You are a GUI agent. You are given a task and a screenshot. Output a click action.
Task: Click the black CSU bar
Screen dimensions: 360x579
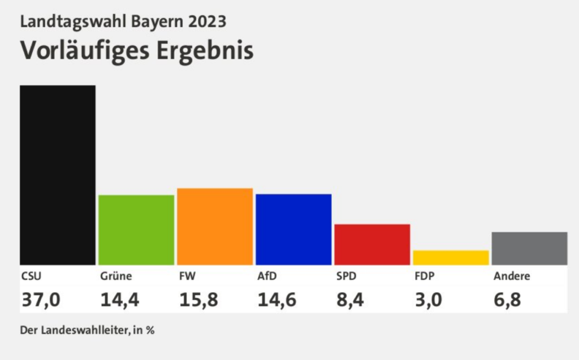[57, 175]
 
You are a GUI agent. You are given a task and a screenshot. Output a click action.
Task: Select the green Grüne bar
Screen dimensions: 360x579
[136, 229]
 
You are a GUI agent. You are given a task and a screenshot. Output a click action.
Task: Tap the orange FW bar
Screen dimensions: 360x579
[214, 226]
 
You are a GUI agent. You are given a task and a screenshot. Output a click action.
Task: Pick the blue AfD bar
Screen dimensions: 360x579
[293, 229]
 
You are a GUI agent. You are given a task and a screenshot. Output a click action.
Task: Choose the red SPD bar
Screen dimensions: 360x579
[371, 244]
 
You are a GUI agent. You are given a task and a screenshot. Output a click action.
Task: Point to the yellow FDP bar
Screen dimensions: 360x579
[451, 257]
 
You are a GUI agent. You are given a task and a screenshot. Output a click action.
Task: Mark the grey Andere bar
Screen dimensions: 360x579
[529, 248]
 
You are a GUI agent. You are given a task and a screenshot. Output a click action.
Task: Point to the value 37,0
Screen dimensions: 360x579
[40, 298]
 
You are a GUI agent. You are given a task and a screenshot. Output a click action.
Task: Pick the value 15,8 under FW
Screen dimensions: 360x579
[198, 298]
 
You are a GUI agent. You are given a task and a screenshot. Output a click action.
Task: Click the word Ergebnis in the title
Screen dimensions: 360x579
[204, 50]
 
